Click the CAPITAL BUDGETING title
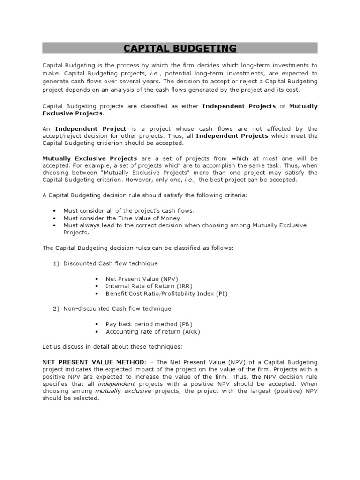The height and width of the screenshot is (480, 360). [180, 48]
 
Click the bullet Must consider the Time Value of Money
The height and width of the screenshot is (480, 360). [121, 218]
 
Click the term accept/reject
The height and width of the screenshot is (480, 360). [62, 136]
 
